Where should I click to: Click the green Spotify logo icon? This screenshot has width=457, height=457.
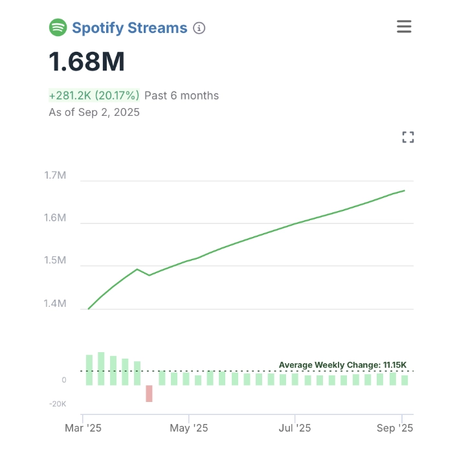coord(58,28)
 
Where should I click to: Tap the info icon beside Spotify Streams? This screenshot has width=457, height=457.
coord(199,28)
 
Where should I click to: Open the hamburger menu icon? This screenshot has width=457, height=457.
coord(404,27)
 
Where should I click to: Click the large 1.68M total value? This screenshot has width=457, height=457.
coord(87,62)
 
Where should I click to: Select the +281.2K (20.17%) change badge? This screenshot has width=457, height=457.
coord(95,96)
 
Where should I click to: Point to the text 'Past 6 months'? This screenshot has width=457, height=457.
coord(181,96)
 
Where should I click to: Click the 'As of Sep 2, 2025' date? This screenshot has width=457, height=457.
coord(95,113)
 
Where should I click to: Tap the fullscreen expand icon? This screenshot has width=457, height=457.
coord(408,137)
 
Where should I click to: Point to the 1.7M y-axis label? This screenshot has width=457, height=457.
coord(56,175)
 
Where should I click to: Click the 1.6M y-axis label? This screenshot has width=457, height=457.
coord(56,218)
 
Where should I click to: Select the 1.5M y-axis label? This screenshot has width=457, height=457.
coord(56,261)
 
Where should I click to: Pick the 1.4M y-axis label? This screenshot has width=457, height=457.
coord(56,304)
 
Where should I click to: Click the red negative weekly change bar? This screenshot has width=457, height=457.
coord(150,394)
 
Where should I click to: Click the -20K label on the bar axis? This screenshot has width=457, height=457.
coord(57,404)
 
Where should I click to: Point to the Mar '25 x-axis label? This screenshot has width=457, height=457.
coord(84,428)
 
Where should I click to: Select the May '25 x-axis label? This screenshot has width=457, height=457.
coord(189,428)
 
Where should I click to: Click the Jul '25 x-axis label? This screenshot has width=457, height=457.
coord(295,428)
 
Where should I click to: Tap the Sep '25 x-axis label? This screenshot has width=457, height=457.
coord(395,428)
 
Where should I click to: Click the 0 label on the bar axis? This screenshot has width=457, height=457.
coord(63,380)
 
